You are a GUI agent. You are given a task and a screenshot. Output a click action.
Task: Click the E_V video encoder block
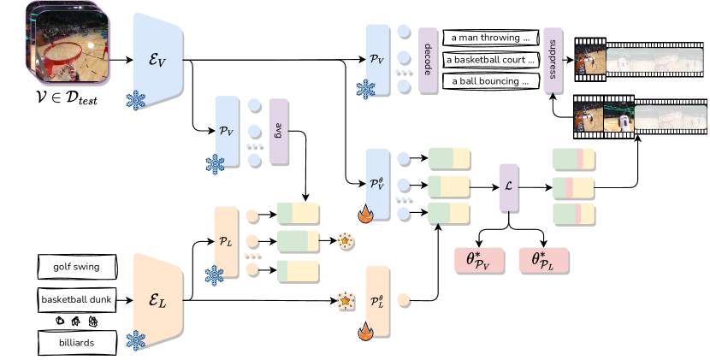pyautogui.click(x=158, y=58)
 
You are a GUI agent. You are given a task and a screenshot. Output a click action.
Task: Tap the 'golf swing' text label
pyautogui.click(x=76, y=267)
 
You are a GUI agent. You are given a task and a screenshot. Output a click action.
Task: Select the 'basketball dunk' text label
pyautogui.click(x=76, y=300)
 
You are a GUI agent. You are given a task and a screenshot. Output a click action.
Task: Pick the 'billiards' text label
pyautogui.click(x=76, y=343)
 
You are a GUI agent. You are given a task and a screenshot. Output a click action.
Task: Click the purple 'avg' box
pyautogui.click(x=278, y=131)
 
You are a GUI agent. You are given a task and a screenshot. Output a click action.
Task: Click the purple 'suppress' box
pyautogui.click(x=552, y=59)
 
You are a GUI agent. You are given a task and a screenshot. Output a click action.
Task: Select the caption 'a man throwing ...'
pyautogui.click(x=491, y=39)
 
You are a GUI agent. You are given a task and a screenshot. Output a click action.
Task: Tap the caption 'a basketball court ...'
pyautogui.click(x=491, y=61)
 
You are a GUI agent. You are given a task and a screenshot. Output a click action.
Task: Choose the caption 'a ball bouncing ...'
pyautogui.click(x=491, y=82)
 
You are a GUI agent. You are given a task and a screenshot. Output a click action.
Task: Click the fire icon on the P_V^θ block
pyautogui.click(x=365, y=214)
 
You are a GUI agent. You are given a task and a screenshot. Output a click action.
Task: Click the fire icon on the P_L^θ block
pyautogui.click(x=366, y=331)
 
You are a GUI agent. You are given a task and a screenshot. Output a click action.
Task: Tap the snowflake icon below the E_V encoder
pyautogui.click(x=136, y=101)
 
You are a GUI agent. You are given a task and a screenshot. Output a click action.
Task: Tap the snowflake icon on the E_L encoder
pyautogui.click(x=136, y=340)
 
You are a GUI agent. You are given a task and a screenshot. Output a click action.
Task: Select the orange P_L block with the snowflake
pyautogui.click(x=226, y=241)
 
